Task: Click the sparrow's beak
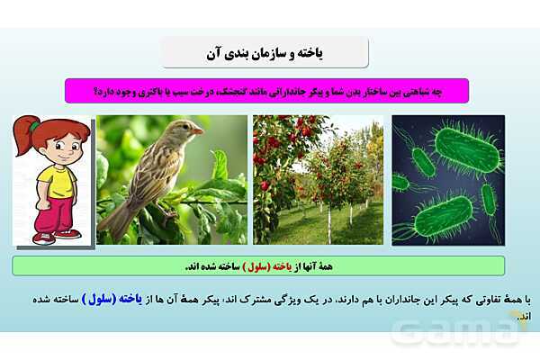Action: point(197,131)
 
